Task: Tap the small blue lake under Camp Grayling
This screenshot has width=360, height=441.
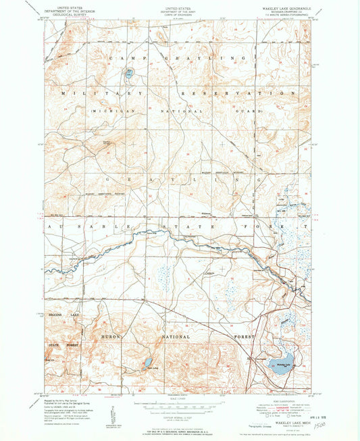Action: coord(130,71)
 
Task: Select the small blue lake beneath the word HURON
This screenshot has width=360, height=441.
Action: coord(147,363)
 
